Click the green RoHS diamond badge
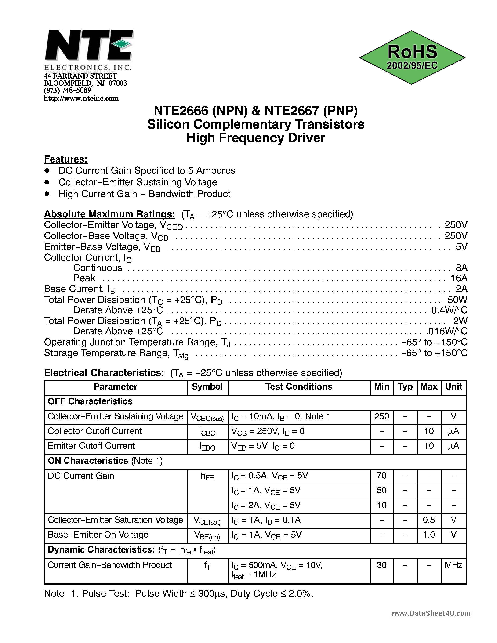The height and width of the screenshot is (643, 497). click(x=412, y=58)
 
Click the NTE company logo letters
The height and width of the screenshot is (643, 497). click(x=88, y=46)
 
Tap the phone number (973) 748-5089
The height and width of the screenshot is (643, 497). click(x=67, y=90)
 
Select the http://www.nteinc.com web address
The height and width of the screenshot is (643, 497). click(x=81, y=99)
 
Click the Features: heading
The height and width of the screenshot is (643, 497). click(x=66, y=159)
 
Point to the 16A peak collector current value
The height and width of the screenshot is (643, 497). click(x=459, y=278)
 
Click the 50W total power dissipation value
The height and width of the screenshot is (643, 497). click(x=457, y=300)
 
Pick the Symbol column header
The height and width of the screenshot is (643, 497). click(x=207, y=387)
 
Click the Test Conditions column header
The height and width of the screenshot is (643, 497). click(x=299, y=387)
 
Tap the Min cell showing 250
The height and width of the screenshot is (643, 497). click(x=382, y=416)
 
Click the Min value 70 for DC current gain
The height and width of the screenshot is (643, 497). click(x=382, y=476)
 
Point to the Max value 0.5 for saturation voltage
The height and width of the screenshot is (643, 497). click(x=429, y=520)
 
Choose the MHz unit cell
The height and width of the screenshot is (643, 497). click(x=453, y=565)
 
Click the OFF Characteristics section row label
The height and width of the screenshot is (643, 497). click(x=90, y=401)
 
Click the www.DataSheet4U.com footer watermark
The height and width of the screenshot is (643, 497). click(x=431, y=613)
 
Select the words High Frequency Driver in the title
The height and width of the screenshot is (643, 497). click(x=256, y=138)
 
